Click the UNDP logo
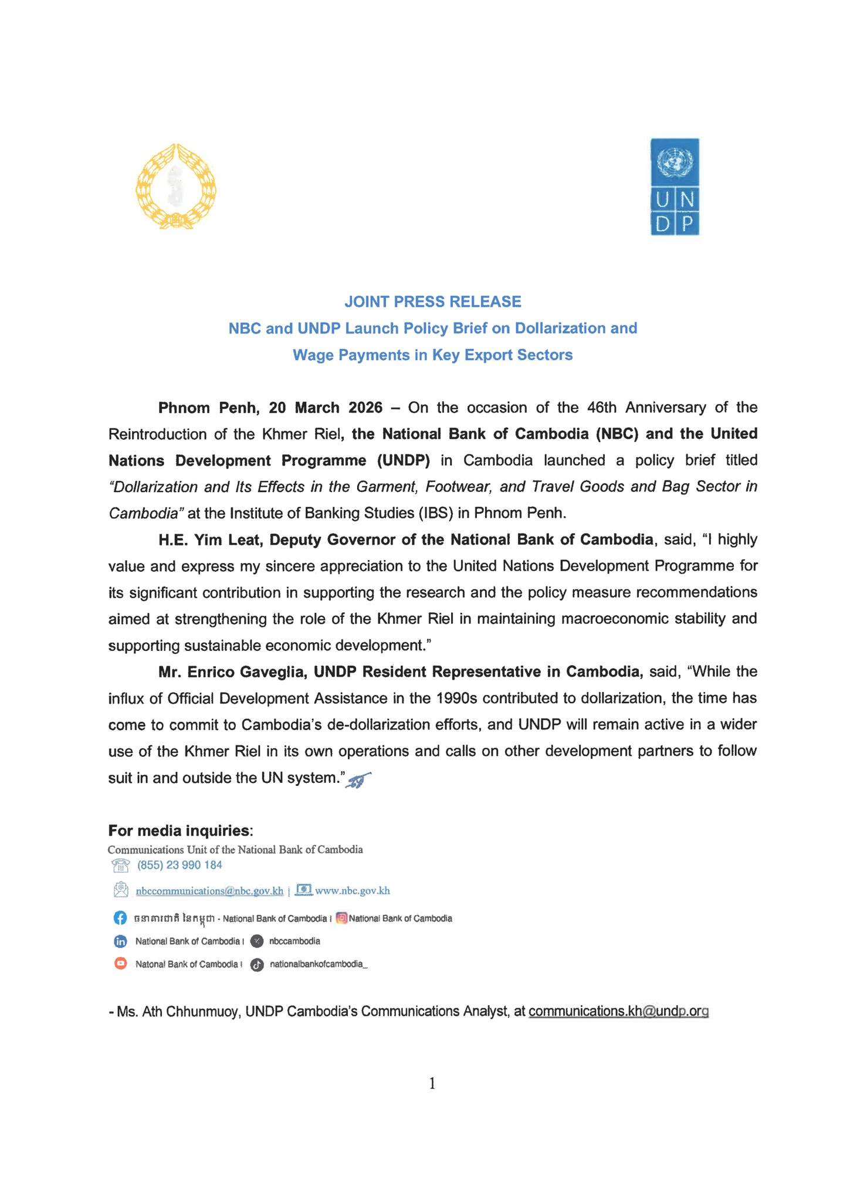pos(674,186)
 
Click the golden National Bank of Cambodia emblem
pos(175,186)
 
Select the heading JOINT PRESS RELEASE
pos(432,301)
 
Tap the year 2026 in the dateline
pos(365,407)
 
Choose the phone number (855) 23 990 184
pos(180,865)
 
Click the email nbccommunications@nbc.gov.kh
pos(209,891)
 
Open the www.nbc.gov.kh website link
pos(352,891)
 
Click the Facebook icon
pos(120,918)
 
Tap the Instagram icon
pos(342,918)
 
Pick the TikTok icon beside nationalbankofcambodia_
pos(256,965)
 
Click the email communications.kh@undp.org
pos(618,1012)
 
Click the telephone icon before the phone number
pos(120,866)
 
